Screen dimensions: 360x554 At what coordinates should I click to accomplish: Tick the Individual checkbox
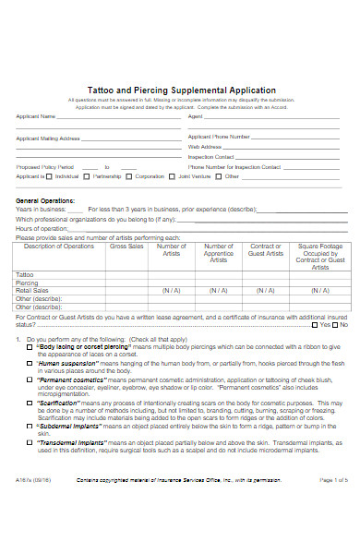click(x=53, y=175)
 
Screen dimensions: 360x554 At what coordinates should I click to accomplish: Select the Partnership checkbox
click(x=88, y=175)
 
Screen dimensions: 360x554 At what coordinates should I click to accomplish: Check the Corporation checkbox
click(x=130, y=175)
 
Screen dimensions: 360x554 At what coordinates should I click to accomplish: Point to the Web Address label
click(x=204, y=146)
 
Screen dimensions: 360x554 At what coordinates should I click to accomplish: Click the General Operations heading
click(x=45, y=201)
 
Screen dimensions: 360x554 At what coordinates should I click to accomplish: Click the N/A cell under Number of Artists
click(x=171, y=290)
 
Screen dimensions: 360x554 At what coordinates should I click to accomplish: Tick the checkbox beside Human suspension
click(x=30, y=364)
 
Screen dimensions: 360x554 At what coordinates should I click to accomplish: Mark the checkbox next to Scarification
click(x=30, y=403)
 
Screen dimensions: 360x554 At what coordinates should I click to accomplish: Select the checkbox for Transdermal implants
click(x=30, y=442)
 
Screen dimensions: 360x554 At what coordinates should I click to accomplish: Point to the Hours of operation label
click(x=40, y=228)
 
